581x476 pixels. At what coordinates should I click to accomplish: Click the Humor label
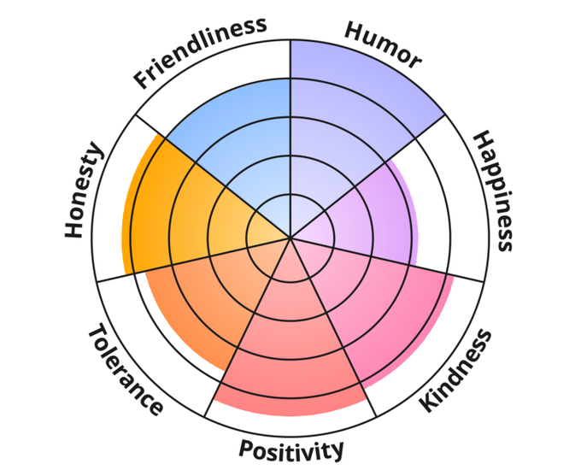pyautogui.click(x=383, y=44)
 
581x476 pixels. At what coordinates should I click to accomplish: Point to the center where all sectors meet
pyautogui.click(x=290, y=238)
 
